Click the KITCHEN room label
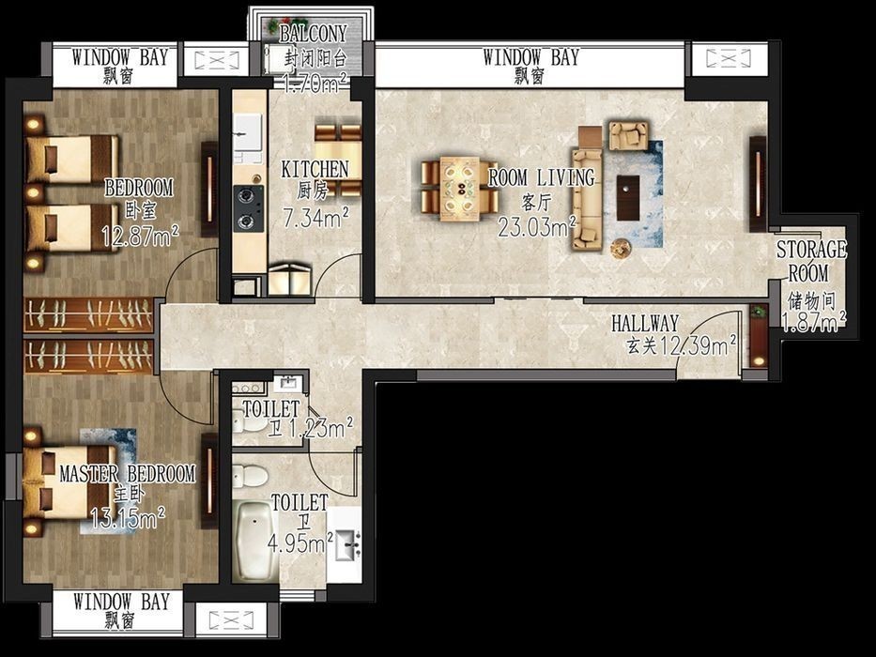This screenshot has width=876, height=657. click(315, 169)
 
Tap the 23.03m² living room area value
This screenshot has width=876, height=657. click(537, 226)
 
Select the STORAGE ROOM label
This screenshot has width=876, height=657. click(811, 261)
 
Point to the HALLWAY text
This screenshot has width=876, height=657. click(645, 323)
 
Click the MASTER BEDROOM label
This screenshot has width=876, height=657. click(128, 474)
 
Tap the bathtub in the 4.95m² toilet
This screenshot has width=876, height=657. click(254, 540)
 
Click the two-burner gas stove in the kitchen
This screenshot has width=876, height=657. click(249, 208)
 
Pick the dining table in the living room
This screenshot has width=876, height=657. click(460, 189)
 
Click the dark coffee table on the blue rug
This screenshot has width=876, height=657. click(628, 198)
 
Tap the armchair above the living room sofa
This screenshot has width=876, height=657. click(628, 136)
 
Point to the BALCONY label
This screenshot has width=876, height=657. click(314, 34)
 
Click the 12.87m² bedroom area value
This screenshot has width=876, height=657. click(140, 237)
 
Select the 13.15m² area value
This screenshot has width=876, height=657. click(128, 518)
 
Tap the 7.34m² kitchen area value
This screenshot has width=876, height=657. click(316, 218)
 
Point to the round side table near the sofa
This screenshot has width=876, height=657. click(620, 249)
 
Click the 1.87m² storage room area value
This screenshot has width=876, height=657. click(813, 322)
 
